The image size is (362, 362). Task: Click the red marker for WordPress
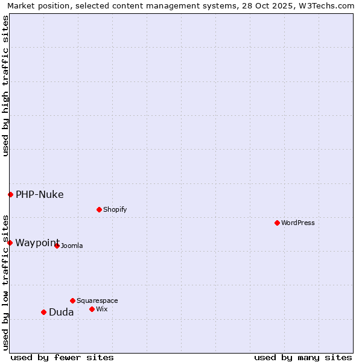click(277, 223)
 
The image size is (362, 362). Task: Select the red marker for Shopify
click(99, 209)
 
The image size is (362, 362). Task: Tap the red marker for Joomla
click(57, 246)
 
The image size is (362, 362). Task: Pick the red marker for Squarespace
click(72, 300)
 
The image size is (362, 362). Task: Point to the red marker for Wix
click(92, 309)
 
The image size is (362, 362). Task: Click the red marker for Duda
click(43, 312)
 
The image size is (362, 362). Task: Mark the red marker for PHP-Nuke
click(10, 194)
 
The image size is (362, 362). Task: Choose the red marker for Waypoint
click(10, 243)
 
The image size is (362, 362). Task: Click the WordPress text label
click(298, 223)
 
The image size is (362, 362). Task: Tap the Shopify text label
click(115, 209)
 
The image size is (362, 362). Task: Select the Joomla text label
click(72, 246)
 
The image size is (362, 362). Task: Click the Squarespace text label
click(97, 300)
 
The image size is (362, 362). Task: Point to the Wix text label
click(102, 309)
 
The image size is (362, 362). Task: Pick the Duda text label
click(62, 312)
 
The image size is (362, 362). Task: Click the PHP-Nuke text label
click(40, 194)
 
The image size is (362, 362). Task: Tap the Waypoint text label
click(37, 243)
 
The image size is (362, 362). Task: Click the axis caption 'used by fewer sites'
click(62, 357)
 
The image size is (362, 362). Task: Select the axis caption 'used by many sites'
click(303, 357)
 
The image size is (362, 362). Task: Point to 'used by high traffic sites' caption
click(5, 86)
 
